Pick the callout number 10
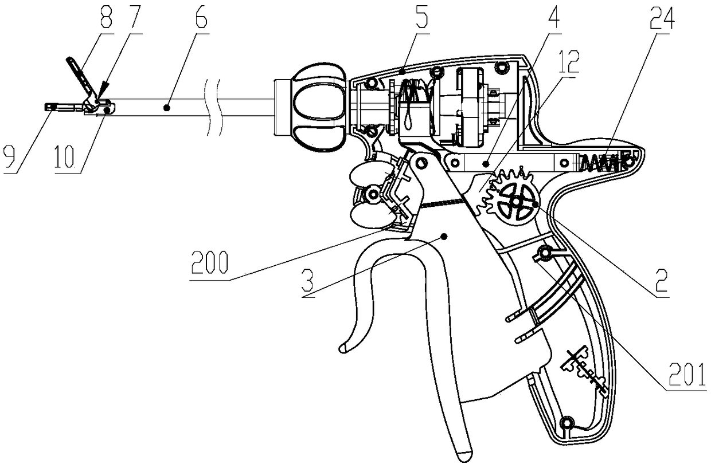[x=68, y=156]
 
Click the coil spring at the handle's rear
[x=602, y=162]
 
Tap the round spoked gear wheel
[x=515, y=204]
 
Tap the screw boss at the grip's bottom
[x=568, y=423]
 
